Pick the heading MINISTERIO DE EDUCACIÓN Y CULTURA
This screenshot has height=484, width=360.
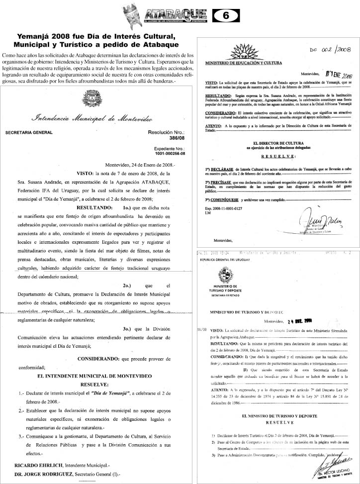pos(244,64)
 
